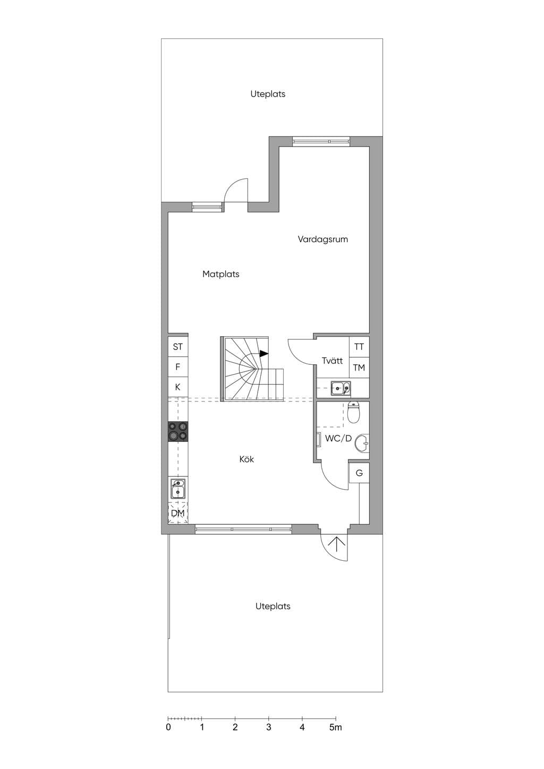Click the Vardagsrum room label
pyautogui.click(x=322, y=240)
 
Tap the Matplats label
pyautogui.click(x=221, y=274)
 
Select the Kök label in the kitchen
pyautogui.click(x=246, y=459)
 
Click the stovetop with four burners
pyautogui.click(x=178, y=431)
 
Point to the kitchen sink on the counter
pyautogui.click(x=178, y=488)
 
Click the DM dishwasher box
pyautogui.click(x=178, y=513)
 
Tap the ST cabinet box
pyautogui.click(x=178, y=347)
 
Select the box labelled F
pyautogui.click(x=178, y=367)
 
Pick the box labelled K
pyautogui.click(x=178, y=387)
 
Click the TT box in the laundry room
pyautogui.click(x=359, y=347)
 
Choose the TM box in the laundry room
pyautogui.click(x=359, y=368)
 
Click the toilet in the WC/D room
pyautogui.click(x=353, y=412)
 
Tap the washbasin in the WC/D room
pyautogui.click(x=362, y=443)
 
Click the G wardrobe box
pyautogui.click(x=359, y=473)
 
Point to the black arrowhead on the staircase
pyautogui.click(x=264, y=353)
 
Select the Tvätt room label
pyautogui.click(x=332, y=361)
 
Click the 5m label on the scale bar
pyautogui.click(x=336, y=727)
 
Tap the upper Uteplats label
pyautogui.click(x=268, y=94)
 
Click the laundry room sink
pyautogui.click(x=341, y=388)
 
